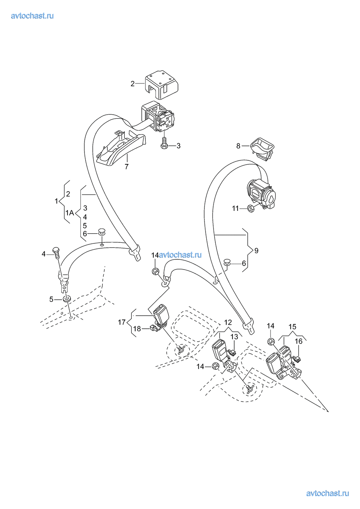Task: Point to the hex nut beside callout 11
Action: (x=251, y=208)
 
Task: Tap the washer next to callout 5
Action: (x=67, y=299)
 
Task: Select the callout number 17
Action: (x=121, y=322)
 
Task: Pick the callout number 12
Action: (x=228, y=322)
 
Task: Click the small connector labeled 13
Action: (x=232, y=351)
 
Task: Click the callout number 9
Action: (x=256, y=251)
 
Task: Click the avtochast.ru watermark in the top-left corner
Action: (x=33, y=16)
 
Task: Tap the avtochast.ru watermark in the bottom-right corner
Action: (x=327, y=493)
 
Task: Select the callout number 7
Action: (x=127, y=167)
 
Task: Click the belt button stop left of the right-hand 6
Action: (x=228, y=262)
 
